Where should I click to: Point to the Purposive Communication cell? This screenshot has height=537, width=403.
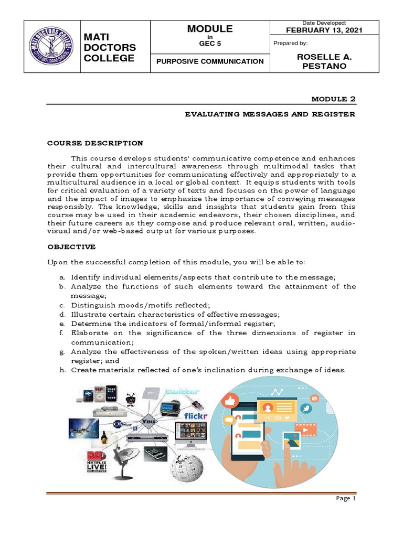point(209,61)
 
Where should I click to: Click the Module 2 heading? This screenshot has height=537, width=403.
point(334,98)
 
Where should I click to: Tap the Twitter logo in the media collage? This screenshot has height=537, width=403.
point(182,392)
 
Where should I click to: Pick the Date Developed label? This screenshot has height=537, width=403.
point(324,23)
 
